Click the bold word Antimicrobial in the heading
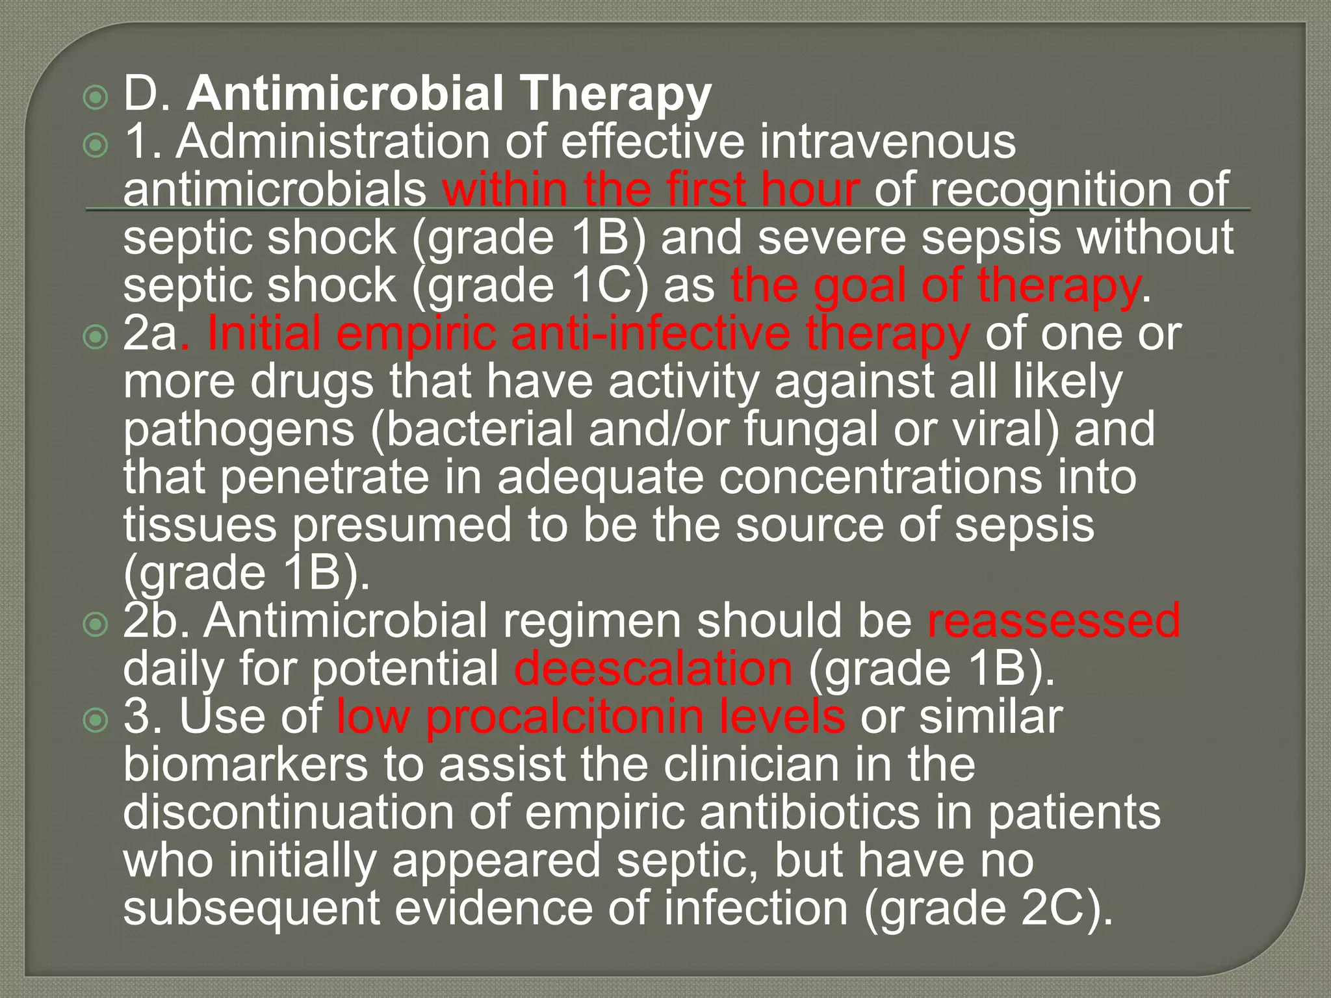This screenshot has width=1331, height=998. (345, 93)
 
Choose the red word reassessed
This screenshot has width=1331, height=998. (1053, 620)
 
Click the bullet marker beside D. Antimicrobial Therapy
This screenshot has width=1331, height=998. (96, 98)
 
